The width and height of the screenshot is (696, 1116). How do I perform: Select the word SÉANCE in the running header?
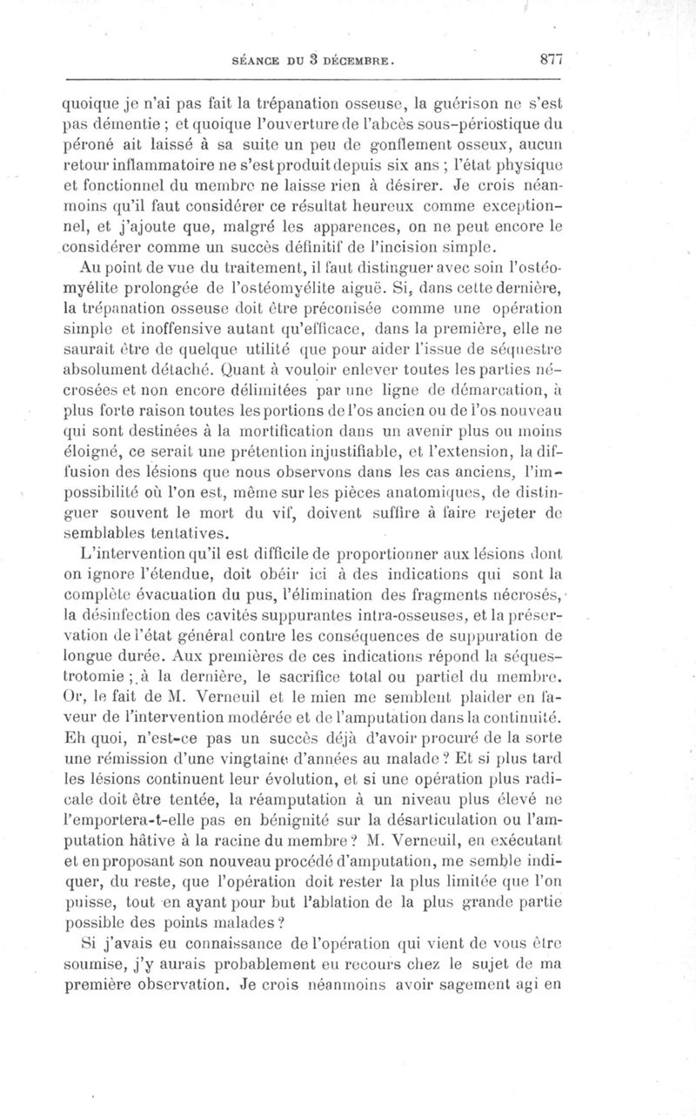click(x=254, y=63)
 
